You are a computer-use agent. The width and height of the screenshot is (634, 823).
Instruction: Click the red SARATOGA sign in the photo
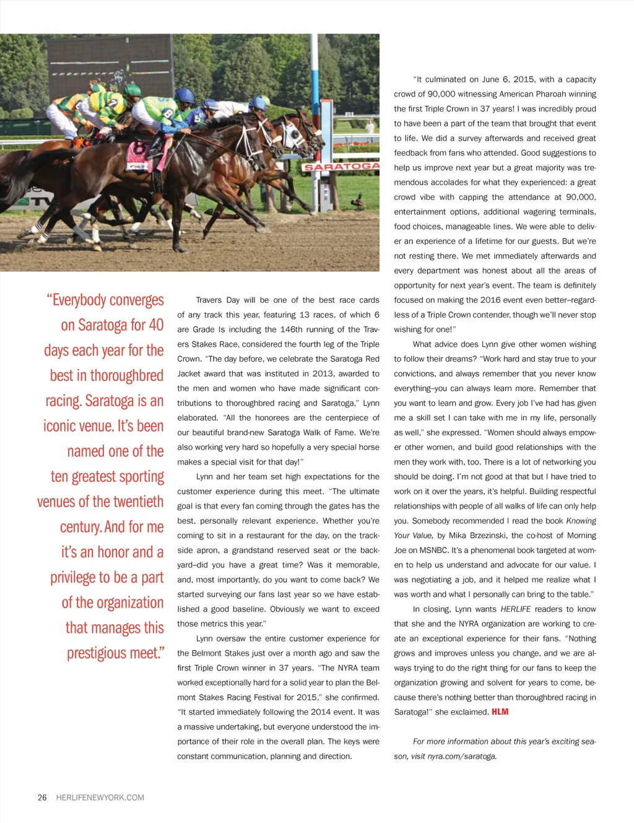[341, 167]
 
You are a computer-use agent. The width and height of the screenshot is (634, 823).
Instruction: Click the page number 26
[42, 798]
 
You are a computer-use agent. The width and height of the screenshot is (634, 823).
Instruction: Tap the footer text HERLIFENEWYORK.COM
[100, 798]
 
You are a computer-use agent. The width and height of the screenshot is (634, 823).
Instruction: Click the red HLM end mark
[500, 712]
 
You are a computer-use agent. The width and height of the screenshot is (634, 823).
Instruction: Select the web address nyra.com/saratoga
[462, 756]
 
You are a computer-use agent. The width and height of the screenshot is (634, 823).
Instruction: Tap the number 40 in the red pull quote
[156, 325]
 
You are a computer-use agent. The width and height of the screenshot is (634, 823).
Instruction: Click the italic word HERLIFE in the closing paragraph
[515, 609]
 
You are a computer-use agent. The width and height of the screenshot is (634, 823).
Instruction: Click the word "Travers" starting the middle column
[209, 300]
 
